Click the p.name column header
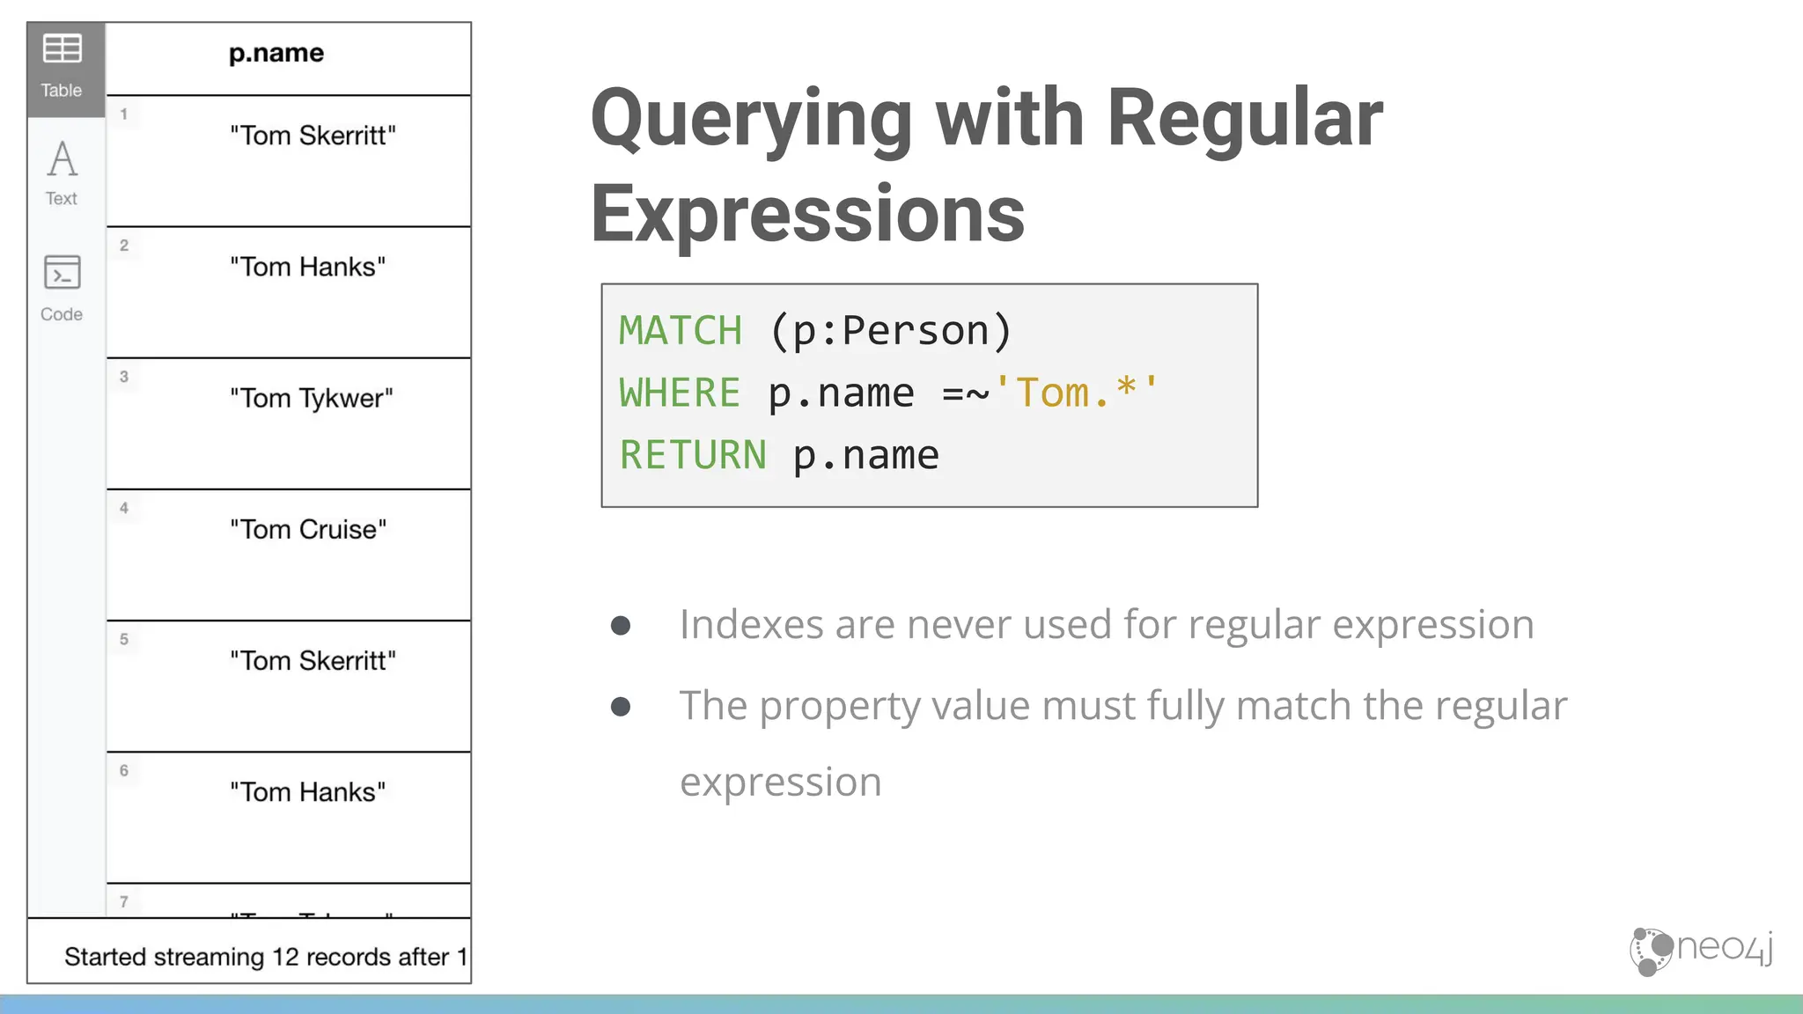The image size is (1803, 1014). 276,54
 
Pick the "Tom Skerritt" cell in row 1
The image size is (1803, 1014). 313,136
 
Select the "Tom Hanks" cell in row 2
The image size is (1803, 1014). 307,267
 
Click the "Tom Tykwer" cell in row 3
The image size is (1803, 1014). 311,398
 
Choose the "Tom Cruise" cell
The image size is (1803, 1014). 308,529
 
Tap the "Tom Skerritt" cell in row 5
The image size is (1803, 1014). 313,660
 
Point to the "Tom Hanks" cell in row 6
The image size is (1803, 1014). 307,791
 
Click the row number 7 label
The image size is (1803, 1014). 124,901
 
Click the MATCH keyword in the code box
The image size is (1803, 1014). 681,331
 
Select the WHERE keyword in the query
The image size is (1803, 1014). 680,393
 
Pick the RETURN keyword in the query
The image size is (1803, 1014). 693,455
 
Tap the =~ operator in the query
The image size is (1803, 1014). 965,393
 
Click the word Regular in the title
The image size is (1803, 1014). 1244,118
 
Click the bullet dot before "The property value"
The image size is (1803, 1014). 621,706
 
